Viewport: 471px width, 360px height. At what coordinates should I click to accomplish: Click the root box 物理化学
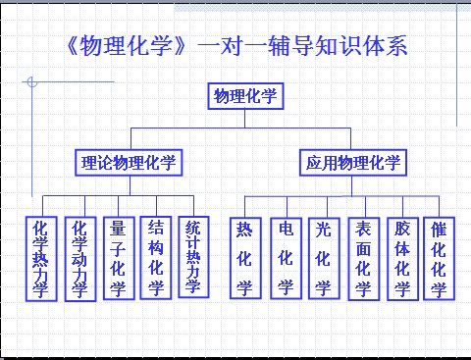click(245, 96)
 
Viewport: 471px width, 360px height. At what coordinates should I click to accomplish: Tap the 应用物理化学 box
click(352, 162)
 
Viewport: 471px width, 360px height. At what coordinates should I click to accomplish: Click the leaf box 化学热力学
click(39, 258)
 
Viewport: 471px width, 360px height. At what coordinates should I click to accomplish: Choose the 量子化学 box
click(118, 258)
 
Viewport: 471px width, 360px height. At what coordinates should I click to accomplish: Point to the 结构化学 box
click(156, 257)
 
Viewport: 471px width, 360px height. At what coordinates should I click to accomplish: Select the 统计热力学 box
click(193, 257)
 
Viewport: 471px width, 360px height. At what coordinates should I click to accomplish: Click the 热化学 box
click(244, 257)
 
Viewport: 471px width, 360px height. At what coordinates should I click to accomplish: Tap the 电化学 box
click(286, 257)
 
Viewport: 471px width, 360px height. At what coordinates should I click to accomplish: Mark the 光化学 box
click(323, 257)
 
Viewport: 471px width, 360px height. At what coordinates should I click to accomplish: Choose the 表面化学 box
click(363, 258)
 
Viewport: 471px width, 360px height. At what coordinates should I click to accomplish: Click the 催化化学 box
click(439, 258)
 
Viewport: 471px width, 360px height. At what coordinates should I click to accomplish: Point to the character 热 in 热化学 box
click(244, 231)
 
